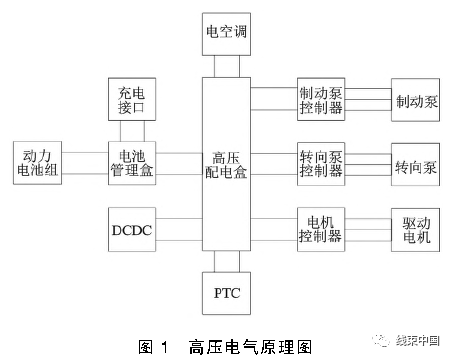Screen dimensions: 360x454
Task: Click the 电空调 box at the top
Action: coord(226,31)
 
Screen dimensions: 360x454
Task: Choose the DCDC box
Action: coord(133,229)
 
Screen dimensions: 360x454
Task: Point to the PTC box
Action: coord(226,294)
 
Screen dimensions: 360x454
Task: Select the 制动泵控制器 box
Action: coord(321,100)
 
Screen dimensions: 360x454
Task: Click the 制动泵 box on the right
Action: coord(417,101)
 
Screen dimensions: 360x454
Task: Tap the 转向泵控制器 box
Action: coord(321,164)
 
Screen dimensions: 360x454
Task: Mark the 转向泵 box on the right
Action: coord(417,165)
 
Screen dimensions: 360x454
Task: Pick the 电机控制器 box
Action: coord(321,229)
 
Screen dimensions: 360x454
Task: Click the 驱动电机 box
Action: coord(417,229)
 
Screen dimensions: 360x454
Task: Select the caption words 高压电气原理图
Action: coord(248,347)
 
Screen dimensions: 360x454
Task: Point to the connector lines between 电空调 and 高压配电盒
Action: coord(226,66)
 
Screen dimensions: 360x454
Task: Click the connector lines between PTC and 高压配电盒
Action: coord(226,262)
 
